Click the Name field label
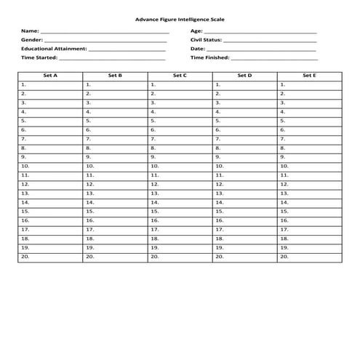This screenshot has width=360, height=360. point(30,31)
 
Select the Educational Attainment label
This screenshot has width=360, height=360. point(54,48)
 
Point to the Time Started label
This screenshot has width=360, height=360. point(39,57)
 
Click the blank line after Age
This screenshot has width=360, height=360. point(260,31)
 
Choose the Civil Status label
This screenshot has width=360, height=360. point(206,40)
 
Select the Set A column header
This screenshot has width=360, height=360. point(50,75)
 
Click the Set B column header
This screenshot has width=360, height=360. point(115,75)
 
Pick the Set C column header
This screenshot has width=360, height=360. point(180,75)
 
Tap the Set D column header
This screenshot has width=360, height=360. point(244,75)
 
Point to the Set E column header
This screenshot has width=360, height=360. point(309,75)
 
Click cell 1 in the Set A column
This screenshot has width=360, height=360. point(50,84)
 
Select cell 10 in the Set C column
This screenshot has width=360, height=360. point(180,166)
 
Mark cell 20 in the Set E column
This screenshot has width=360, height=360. point(309,257)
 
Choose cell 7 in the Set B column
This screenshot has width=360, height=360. point(115,138)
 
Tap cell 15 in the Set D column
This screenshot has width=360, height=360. point(244,211)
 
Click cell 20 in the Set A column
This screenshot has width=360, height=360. point(50,257)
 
